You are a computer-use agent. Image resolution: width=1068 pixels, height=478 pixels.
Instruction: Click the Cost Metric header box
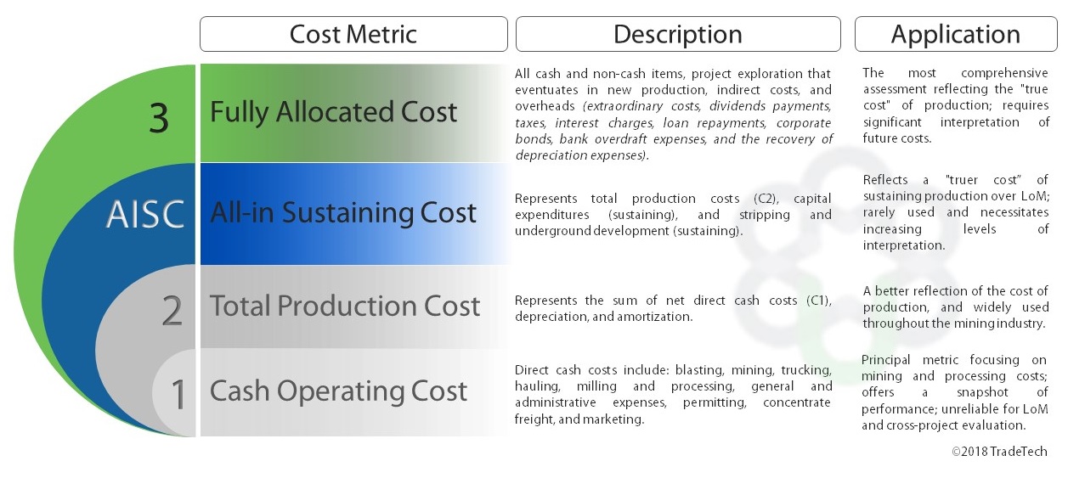point(353,34)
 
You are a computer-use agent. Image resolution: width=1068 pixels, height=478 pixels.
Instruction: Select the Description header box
point(678,34)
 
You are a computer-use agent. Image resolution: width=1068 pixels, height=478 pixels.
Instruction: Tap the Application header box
point(956,34)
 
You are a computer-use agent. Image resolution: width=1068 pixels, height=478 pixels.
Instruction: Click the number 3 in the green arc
point(159,118)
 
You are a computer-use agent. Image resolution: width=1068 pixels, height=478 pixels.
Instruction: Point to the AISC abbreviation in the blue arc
point(145,215)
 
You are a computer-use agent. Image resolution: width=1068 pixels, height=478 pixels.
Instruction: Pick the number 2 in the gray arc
point(172,311)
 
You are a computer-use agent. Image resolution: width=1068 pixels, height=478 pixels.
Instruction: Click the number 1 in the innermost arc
point(178,394)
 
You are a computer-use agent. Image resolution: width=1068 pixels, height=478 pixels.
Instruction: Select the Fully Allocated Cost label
point(333,112)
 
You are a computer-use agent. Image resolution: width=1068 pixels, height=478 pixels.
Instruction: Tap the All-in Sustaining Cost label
point(343,212)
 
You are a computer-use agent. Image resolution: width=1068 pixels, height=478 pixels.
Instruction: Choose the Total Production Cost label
point(345,306)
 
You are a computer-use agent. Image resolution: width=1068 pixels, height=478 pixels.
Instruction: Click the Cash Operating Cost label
point(338,391)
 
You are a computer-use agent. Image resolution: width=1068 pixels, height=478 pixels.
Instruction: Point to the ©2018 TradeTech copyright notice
point(999,452)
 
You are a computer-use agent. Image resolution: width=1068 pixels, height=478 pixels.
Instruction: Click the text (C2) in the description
point(766,199)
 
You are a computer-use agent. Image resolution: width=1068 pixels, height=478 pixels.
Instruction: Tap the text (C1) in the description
point(819,301)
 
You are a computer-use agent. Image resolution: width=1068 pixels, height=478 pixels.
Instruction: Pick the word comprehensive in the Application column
point(1004,73)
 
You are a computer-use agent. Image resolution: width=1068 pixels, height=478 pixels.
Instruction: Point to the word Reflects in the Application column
point(885,180)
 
